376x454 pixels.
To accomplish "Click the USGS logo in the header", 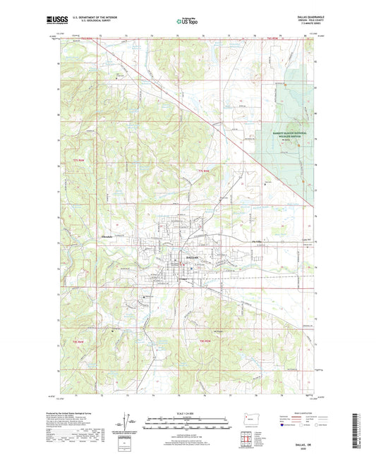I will tap(56, 20).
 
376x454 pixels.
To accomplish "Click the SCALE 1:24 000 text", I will tap(188, 414).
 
